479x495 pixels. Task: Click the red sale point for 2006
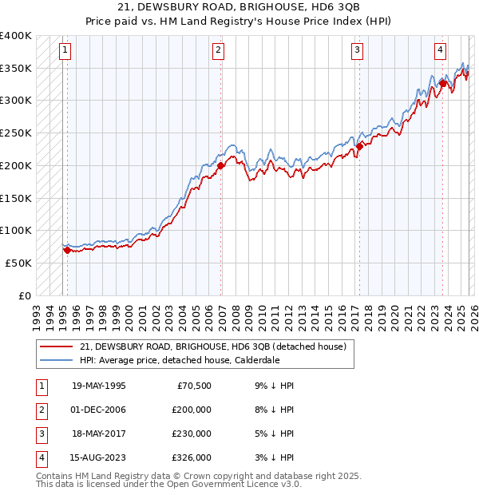point(220,166)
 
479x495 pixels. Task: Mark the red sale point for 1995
point(67,250)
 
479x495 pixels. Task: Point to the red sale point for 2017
point(359,146)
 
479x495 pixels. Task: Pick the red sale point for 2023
point(442,82)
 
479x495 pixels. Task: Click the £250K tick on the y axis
point(16,133)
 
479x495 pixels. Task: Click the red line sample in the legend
point(56,346)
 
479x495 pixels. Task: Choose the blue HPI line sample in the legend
point(56,360)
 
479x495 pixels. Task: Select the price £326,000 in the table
point(192,457)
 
